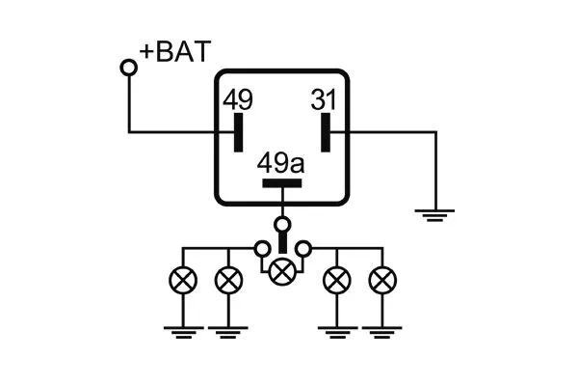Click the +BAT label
[174, 52]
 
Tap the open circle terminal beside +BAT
[128, 67]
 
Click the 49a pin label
[281, 163]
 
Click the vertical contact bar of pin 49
[238, 132]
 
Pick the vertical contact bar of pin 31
[326, 132]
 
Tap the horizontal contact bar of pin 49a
[282, 182]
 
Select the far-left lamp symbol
[183, 281]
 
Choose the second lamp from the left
[227, 281]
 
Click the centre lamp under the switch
[282, 271]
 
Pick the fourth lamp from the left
[336, 281]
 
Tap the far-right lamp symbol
[382, 281]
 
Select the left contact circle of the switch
[261, 249]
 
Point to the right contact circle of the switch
[303, 249]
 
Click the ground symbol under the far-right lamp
[382, 333]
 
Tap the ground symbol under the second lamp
[227, 333]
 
